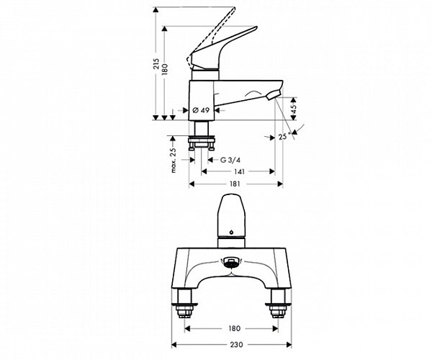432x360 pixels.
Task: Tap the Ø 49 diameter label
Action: pyautogui.click(x=202, y=109)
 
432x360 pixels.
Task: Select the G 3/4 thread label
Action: pyautogui.click(x=230, y=159)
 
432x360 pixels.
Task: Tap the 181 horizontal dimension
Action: pyautogui.click(x=235, y=184)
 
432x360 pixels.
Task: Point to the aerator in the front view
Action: pyautogui.click(x=230, y=264)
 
